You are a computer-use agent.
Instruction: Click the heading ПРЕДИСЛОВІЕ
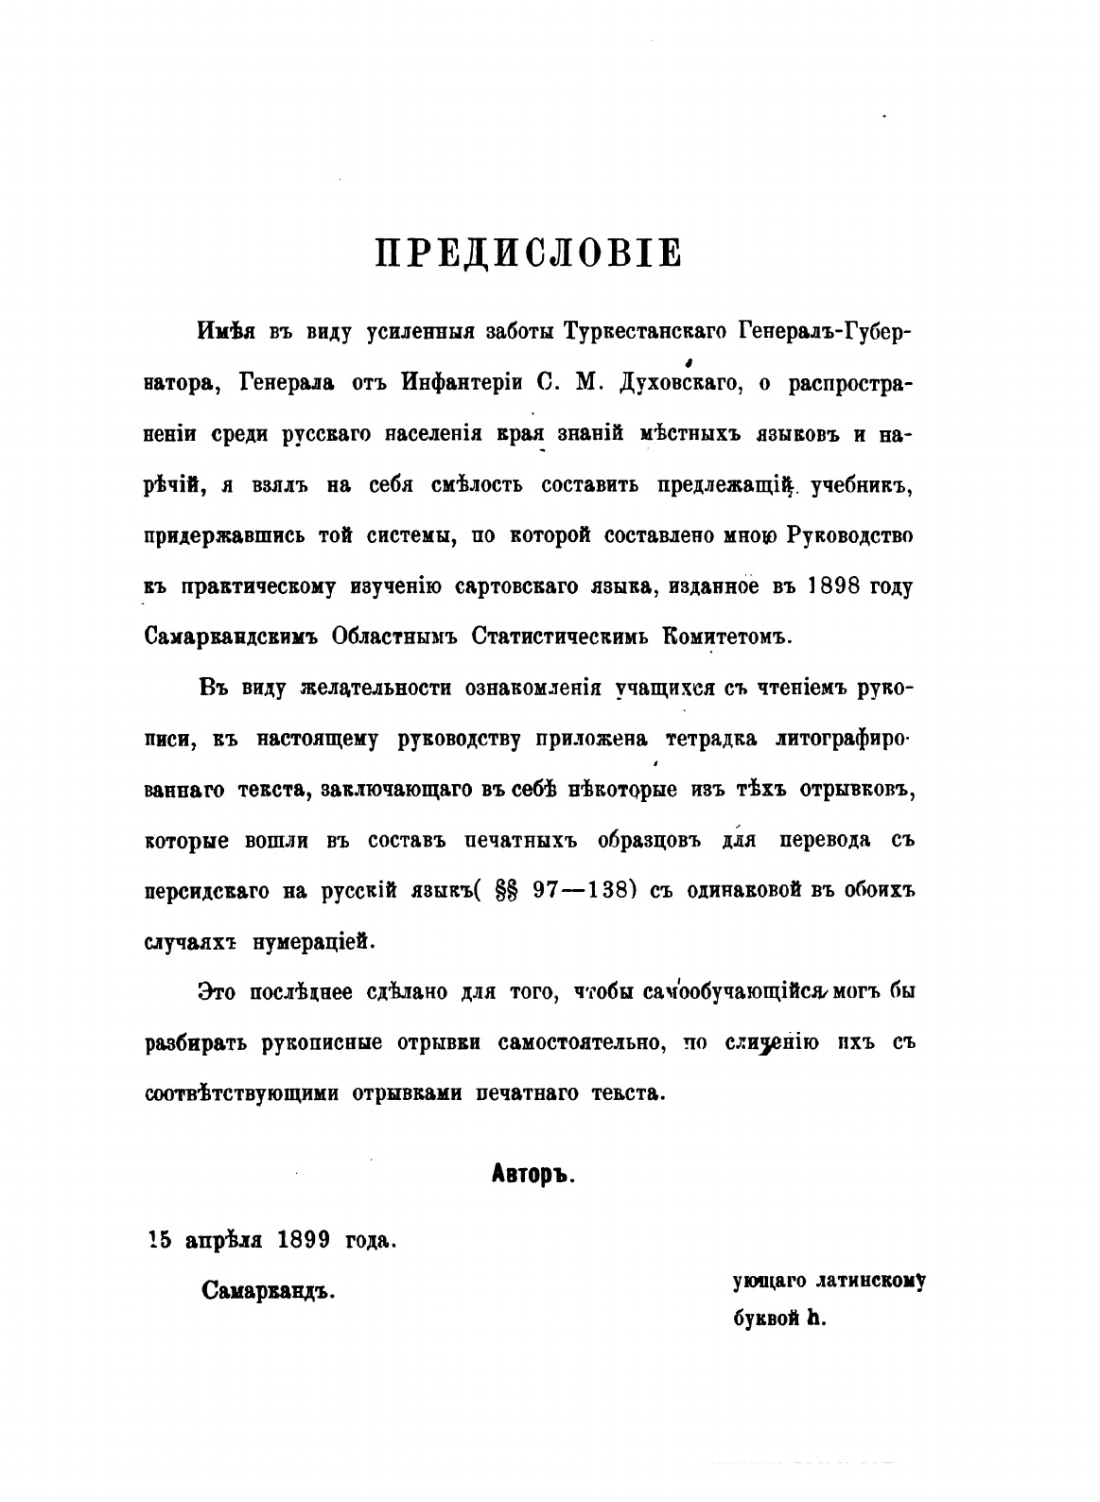coord(528,254)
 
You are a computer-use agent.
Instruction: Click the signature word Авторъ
coord(534,1176)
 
